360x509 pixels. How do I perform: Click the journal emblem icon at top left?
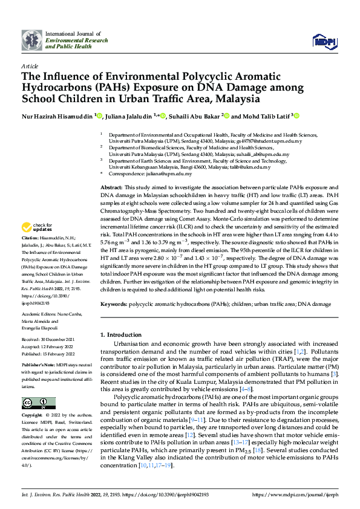(x=31, y=41)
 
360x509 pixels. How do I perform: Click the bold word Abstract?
(x=111, y=172)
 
